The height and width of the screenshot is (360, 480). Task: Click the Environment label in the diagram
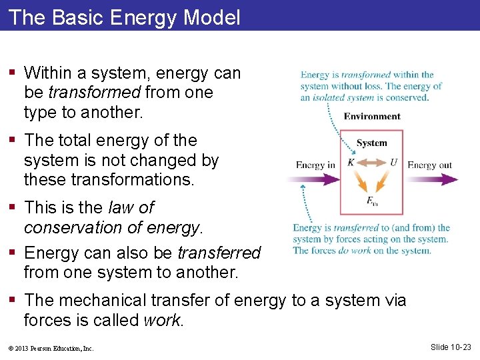click(x=372, y=117)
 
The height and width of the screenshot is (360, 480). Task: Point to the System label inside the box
click(x=371, y=143)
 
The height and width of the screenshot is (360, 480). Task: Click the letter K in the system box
click(x=351, y=162)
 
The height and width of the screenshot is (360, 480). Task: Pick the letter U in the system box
click(x=394, y=162)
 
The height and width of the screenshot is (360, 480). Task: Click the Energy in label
click(x=315, y=165)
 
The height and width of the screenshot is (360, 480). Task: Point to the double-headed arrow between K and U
click(x=372, y=162)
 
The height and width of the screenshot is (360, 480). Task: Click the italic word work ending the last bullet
click(x=162, y=321)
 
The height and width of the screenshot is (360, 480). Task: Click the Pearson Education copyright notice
click(x=51, y=348)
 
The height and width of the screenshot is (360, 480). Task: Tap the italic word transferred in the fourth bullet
click(x=219, y=253)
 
